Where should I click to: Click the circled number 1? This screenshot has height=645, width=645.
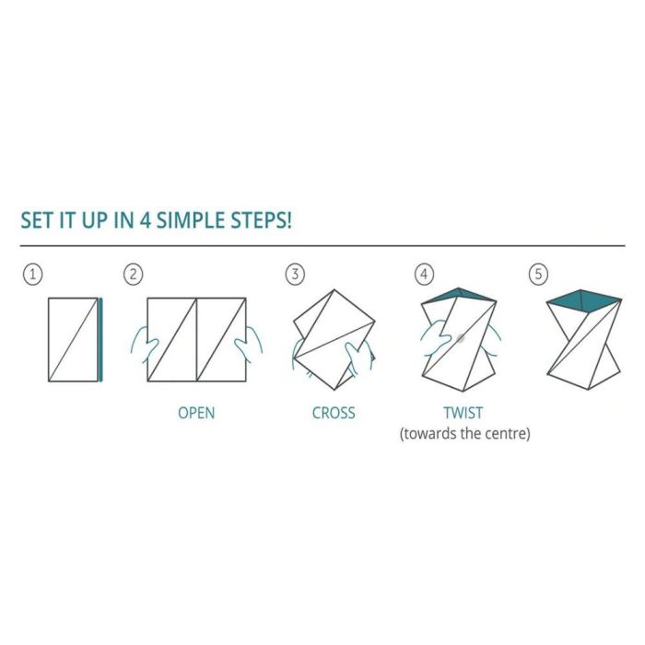[x=33, y=275]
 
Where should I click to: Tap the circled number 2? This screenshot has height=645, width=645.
[x=134, y=275]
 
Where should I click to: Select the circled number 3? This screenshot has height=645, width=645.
[x=295, y=275]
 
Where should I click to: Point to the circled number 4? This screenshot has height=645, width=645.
[x=424, y=275]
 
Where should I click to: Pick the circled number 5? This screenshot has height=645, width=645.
[x=538, y=275]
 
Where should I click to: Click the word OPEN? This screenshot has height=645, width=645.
[x=196, y=413]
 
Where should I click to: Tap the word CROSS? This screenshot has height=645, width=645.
[x=334, y=413]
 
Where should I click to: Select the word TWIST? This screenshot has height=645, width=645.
[x=463, y=413]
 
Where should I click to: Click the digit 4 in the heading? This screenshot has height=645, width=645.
[x=146, y=220]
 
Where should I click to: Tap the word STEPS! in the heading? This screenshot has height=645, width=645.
[x=261, y=220]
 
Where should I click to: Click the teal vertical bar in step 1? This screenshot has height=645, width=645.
[x=100, y=340]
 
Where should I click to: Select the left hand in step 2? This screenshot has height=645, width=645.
[x=145, y=345]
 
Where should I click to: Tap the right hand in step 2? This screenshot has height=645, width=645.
[x=249, y=345]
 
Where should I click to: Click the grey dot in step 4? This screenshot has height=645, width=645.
[x=461, y=338]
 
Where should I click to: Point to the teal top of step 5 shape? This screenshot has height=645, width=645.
[x=584, y=299]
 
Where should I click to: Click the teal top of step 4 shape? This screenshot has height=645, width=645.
[x=459, y=295]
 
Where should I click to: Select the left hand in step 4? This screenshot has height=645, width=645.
[x=435, y=337]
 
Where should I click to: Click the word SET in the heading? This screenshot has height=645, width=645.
[x=37, y=220]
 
